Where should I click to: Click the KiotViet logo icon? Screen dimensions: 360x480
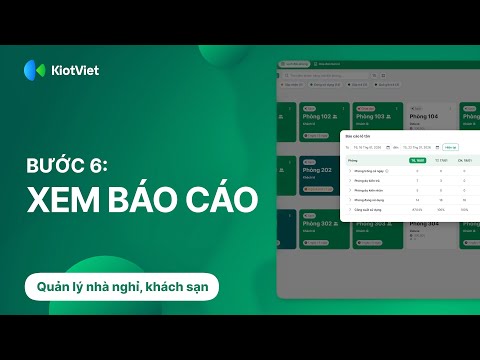34,69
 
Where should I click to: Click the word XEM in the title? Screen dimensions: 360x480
64,196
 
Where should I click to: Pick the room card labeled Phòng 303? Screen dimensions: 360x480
374,230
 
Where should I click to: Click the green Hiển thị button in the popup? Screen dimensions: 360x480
451,147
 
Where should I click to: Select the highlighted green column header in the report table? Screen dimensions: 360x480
419,160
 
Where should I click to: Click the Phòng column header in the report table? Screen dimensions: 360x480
353,160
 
